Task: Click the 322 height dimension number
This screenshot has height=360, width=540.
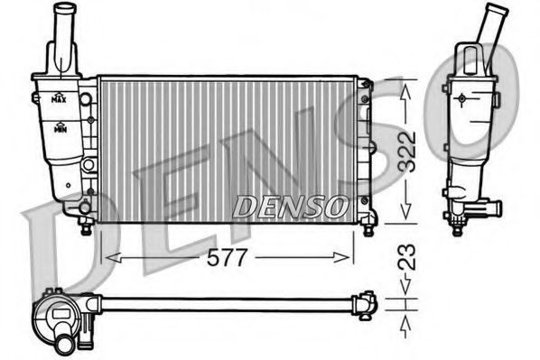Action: tap(408, 151)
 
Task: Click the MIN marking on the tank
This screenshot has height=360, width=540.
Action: tap(60, 129)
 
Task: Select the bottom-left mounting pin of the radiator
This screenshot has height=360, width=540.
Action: tap(87, 227)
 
